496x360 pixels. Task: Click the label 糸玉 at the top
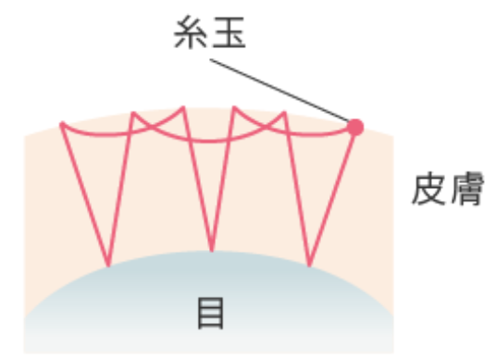pyautogui.click(x=210, y=32)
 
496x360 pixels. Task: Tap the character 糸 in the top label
pyautogui.click(x=191, y=32)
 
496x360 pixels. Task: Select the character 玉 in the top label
pyautogui.click(x=229, y=33)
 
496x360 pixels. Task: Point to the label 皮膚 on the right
pyautogui.click(x=448, y=189)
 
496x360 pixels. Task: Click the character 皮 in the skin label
pyautogui.click(x=429, y=189)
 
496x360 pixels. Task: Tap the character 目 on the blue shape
pyautogui.click(x=211, y=313)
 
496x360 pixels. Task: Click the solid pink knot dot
pyautogui.click(x=355, y=127)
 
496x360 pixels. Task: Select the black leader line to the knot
pyautogui.click(x=279, y=91)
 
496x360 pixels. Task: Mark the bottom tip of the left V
pyautogui.click(x=108, y=265)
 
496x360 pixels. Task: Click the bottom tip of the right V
pyautogui.click(x=309, y=265)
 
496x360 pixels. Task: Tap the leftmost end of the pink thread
pyautogui.click(x=62, y=124)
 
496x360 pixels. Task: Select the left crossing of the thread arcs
pyautogui.click(x=151, y=128)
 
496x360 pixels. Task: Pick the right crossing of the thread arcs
pyautogui.click(x=266, y=127)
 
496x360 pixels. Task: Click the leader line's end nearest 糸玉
pyautogui.click(x=210, y=59)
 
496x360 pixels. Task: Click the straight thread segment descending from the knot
pyautogui.click(x=332, y=196)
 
